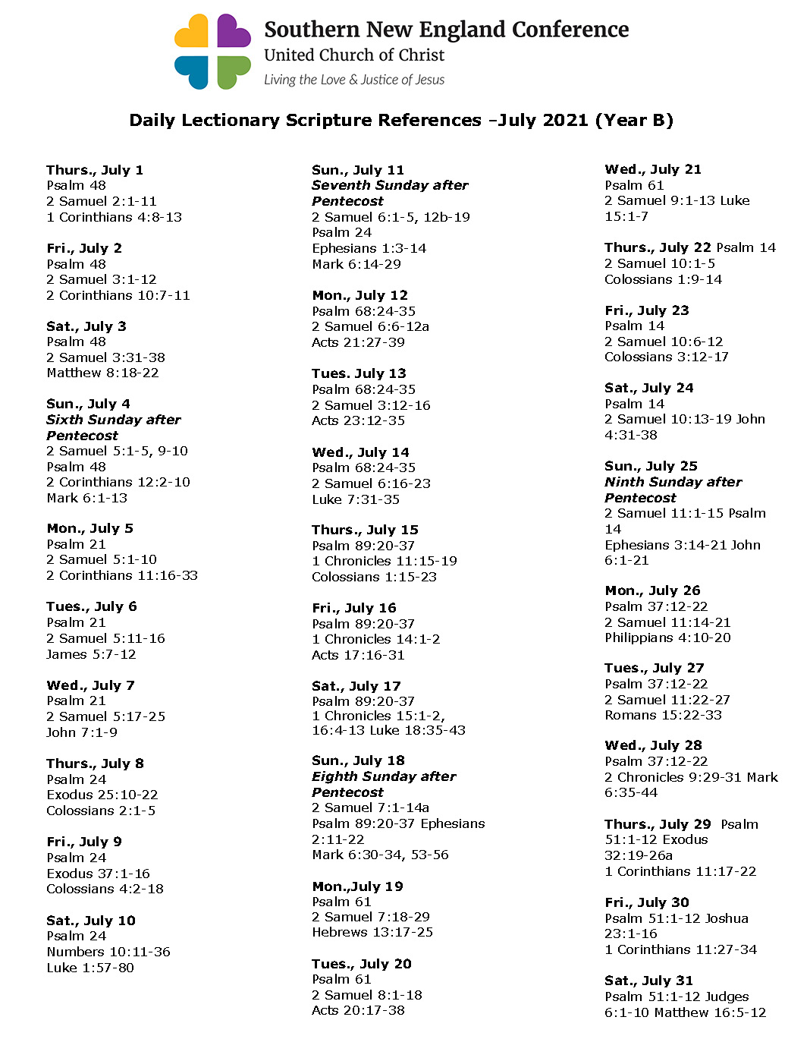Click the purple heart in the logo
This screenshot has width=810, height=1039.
[233, 32]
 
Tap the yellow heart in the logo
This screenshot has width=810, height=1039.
[193, 32]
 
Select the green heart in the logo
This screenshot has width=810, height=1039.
[233, 71]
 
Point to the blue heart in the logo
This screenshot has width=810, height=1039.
[193, 71]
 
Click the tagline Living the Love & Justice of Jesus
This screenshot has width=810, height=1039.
[354, 80]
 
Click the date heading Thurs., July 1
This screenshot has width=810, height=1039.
[95, 170]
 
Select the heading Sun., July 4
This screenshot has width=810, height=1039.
[88, 404]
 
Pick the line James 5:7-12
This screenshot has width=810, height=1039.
[91, 654]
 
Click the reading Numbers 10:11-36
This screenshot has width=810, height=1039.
[108, 952]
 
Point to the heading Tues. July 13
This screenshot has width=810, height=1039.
[359, 373]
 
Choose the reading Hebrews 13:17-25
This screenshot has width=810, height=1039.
[372, 932]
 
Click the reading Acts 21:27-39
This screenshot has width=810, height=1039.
[358, 342]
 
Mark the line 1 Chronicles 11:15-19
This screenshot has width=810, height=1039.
[385, 561]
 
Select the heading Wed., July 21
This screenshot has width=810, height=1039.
[653, 169]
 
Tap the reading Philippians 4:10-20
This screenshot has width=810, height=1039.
[667, 638]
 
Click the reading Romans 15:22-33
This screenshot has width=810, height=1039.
[663, 715]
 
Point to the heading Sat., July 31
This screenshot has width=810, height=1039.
[648, 981]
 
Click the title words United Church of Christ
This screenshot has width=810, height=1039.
[354, 55]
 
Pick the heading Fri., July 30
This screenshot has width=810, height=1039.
[647, 902]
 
